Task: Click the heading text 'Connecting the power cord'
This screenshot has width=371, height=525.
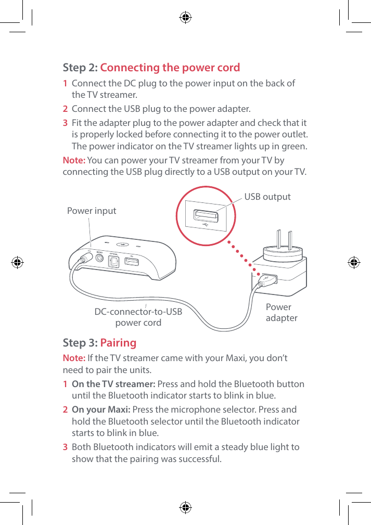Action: pos(170,68)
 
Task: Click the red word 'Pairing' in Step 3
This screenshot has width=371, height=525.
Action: pos(118,342)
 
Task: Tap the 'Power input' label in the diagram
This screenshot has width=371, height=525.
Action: pos(92,211)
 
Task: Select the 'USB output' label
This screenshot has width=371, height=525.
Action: pos(267,197)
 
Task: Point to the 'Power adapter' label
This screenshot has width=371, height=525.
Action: pos(281,312)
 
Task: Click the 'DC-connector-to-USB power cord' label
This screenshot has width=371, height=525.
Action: pos(138,317)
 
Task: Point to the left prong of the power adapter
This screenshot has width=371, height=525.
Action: pos(279,240)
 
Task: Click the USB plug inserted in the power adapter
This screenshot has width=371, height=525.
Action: pos(265,279)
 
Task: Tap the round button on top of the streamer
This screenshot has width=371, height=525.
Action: pos(123,244)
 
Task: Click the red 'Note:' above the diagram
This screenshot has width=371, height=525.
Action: pos(74,160)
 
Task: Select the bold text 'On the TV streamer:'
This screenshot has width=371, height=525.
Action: pos(113,384)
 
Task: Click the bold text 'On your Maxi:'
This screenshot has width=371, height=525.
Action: pos(101,409)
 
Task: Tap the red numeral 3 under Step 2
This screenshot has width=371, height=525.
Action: pos(65,123)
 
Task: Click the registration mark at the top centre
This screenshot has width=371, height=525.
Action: pos(185,18)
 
